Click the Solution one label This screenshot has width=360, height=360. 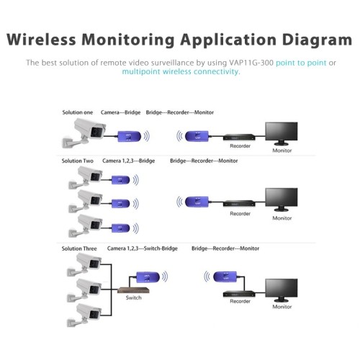tap(77, 113)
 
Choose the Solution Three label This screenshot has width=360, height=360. tap(80, 248)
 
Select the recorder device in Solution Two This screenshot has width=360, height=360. tap(238, 203)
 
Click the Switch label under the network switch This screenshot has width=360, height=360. tap(133, 297)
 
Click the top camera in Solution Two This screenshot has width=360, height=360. tap(89, 176)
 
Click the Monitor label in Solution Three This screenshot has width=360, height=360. tap(282, 307)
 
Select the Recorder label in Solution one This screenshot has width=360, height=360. tap(240, 146)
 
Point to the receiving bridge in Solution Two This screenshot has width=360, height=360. tap(197, 202)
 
